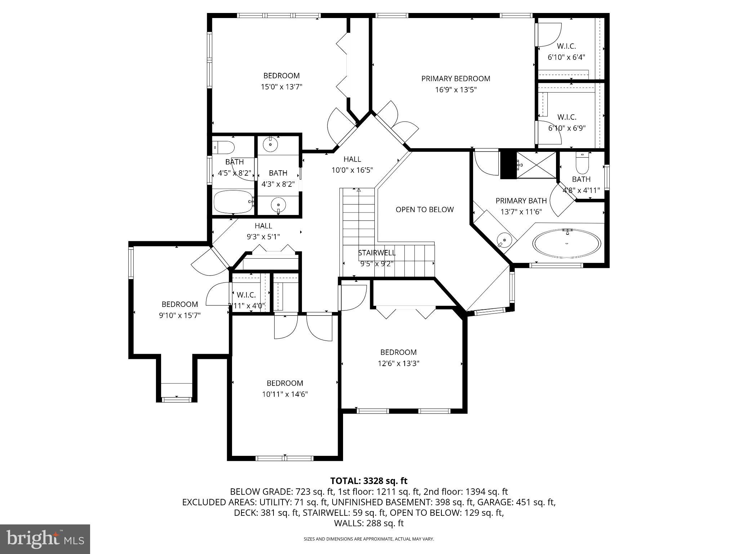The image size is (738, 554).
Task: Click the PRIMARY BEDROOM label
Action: tap(455, 79)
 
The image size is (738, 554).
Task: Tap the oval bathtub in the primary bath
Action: tap(567, 243)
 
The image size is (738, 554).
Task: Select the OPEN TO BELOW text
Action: tap(424, 210)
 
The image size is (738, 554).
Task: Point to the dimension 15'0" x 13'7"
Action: tap(281, 87)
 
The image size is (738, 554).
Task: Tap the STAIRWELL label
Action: tap(377, 253)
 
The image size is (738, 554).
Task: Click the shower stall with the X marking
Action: tap(536, 165)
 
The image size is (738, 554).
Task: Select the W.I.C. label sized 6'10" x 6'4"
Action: tap(566, 46)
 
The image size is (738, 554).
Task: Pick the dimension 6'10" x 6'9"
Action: tap(567, 128)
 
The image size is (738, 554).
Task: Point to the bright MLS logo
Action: tap(45, 539)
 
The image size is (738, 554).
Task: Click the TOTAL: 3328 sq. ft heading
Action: tap(369, 481)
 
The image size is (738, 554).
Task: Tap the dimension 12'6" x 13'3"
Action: tap(398, 363)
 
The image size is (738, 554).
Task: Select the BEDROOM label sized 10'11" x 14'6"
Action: tap(285, 383)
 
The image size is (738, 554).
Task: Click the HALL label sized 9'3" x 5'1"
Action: tap(263, 226)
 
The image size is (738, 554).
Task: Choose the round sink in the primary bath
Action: tap(504, 239)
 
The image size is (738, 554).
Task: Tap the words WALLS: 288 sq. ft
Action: tap(369, 523)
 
